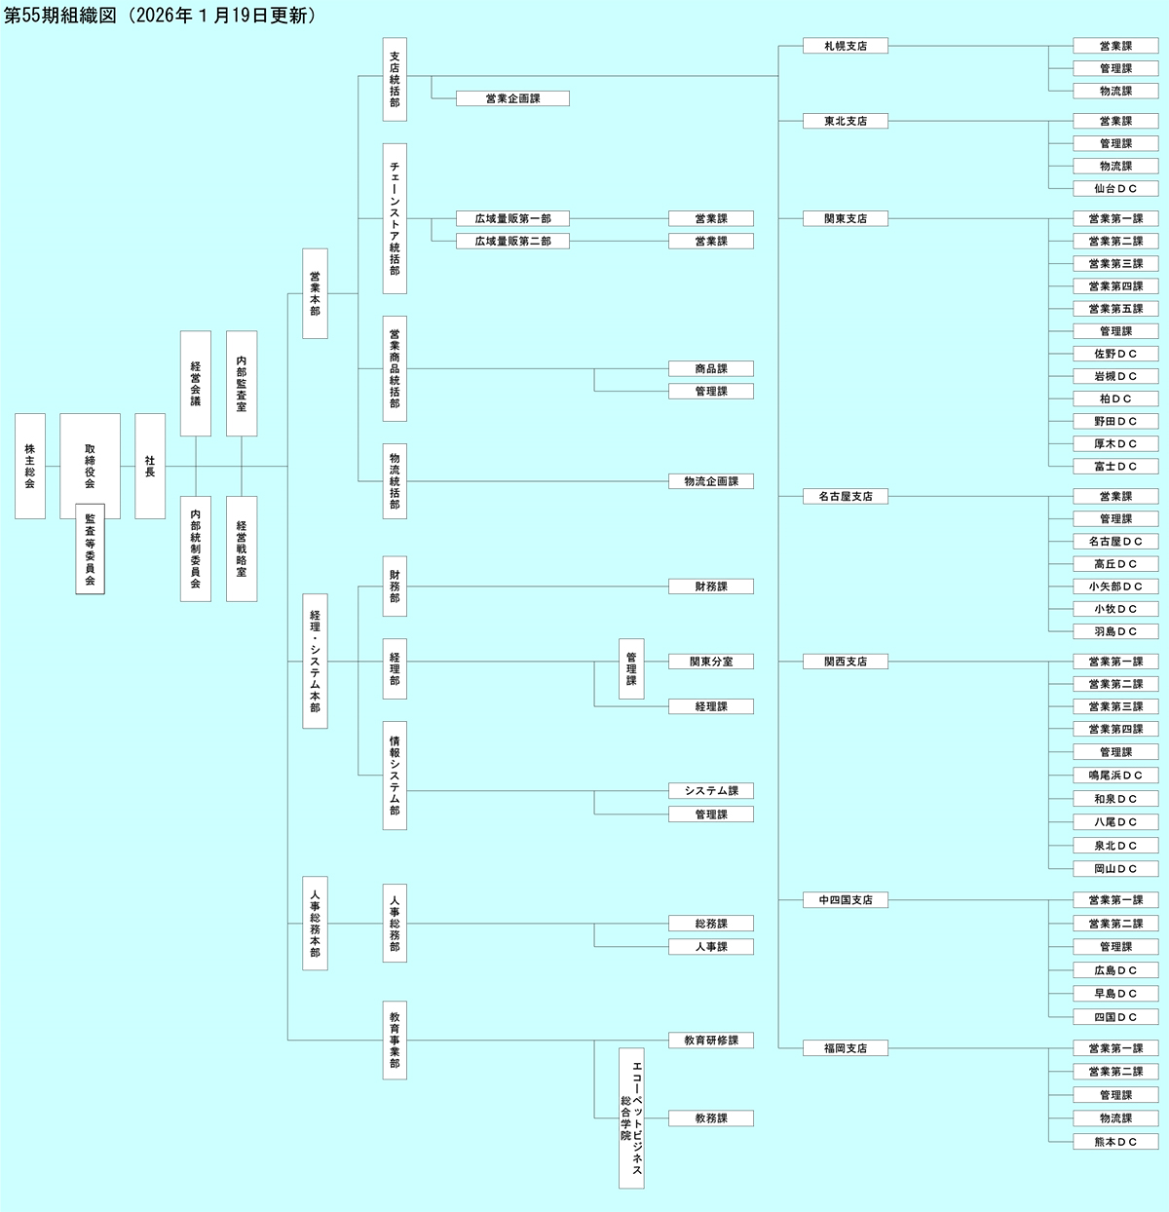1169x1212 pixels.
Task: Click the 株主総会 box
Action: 30,466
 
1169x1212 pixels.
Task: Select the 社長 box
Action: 150,466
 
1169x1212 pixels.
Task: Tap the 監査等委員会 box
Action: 90,549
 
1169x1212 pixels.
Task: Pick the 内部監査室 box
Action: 242,383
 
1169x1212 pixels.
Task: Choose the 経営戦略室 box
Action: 242,549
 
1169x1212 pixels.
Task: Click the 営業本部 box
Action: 315,293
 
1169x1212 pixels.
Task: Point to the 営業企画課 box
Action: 512,98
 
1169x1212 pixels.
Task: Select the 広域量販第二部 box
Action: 512,241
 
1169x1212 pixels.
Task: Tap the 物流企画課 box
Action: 711,481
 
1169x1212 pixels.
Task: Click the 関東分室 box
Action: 711,662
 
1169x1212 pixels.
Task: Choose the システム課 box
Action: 711,791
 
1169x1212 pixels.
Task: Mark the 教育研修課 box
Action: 711,1041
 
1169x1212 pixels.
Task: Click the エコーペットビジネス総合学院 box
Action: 631,1117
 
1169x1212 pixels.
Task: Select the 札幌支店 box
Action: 845,46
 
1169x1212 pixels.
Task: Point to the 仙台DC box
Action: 1115,188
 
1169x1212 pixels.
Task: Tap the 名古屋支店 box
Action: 845,496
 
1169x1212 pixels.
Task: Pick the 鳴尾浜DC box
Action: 1115,776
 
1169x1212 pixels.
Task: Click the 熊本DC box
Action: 1115,1141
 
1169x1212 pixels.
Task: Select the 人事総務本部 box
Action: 315,924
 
